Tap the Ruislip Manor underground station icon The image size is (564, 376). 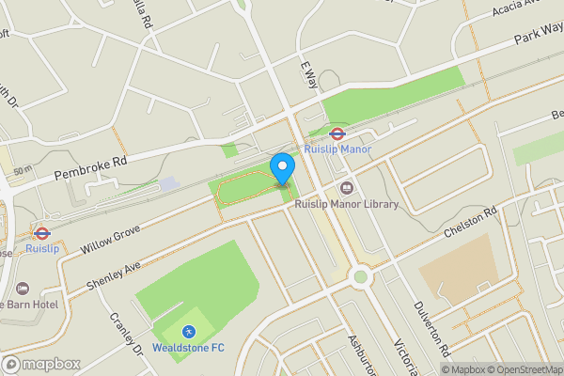pos(337,133)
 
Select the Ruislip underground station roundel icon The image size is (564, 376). pos(40,232)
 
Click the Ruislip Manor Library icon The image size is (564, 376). pos(347,188)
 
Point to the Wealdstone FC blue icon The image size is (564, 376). pos(188,332)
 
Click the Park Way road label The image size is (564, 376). pos(540,41)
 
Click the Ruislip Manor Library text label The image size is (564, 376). pos(347,204)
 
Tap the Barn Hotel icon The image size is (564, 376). pos(23,288)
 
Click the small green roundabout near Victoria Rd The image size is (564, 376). pos(360,276)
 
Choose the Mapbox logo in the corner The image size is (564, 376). pos(41,364)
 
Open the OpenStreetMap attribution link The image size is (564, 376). pos(523,369)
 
